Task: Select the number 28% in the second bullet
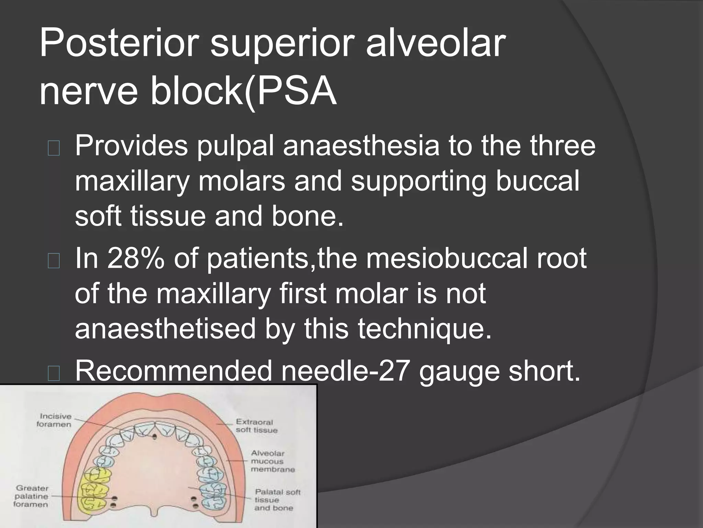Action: [135, 259]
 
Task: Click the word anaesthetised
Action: [165, 328]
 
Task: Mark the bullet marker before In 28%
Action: [54, 262]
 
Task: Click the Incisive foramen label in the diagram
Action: [54, 420]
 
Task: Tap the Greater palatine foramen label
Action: [32, 496]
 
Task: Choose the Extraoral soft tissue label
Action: [256, 426]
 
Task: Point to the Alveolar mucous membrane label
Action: [272, 461]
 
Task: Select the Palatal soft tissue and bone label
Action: [277, 500]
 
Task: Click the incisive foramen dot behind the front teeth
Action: [154, 437]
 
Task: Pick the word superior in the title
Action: [282, 44]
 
